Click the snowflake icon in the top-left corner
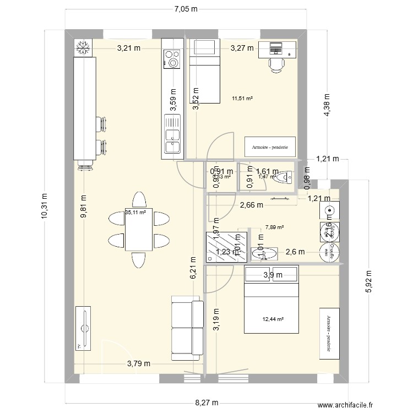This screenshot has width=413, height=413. (84, 48)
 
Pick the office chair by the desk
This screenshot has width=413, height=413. (277, 64)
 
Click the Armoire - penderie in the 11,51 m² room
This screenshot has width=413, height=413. (270, 147)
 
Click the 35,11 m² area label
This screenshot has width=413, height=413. (135, 212)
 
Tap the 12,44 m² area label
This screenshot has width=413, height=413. (273, 319)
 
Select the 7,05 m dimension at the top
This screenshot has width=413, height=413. (186, 9)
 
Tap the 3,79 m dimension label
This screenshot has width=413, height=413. (139, 363)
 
